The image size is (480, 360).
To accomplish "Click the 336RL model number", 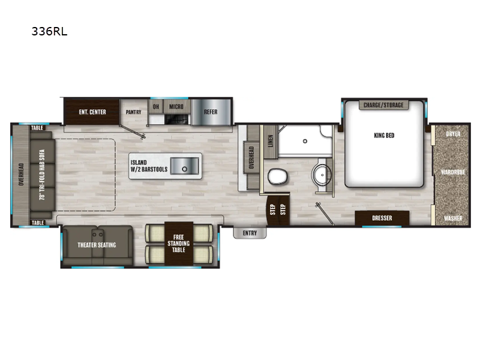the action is tap(49, 32).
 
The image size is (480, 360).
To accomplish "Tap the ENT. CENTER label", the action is tap(92, 112).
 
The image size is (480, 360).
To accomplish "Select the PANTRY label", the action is tap(134, 112).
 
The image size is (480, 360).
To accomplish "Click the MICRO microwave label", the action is tap(176, 107).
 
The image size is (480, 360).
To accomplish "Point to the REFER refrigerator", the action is tap(211, 112).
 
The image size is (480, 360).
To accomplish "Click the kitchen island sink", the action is tap(185, 166).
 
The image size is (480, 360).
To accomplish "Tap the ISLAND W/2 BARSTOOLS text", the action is tap(149, 166).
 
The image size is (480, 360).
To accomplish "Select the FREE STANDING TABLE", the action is tap(179, 244).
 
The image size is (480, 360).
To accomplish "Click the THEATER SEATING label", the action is tap(97, 245).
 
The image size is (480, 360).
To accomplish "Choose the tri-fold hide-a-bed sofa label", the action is tap(42, 175).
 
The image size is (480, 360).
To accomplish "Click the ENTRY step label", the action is tap(250, 233).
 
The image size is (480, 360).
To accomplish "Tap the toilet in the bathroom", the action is tap(278, 177).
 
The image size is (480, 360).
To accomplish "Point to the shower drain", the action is tap(305, 141).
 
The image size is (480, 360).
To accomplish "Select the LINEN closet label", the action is tap(271, 141).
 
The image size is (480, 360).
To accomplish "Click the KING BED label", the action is tap(384, 136).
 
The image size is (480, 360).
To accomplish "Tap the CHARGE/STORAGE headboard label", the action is tap(383, 105).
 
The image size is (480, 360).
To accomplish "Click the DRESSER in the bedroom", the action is tap(382, 218).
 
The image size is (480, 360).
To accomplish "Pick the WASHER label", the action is tap(453, 218).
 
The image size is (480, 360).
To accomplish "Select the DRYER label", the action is tap(453, 134).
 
